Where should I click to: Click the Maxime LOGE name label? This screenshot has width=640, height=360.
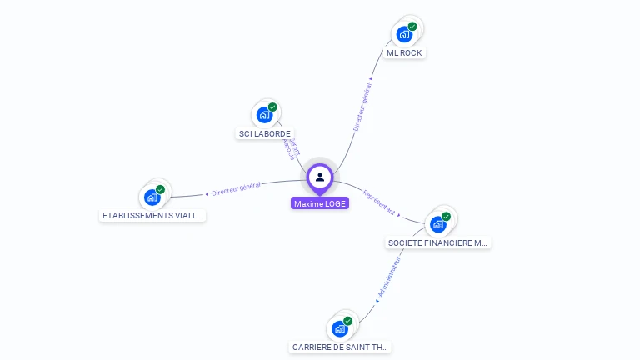[x=320, y=203]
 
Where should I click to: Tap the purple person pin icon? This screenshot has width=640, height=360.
[x=320, y=177]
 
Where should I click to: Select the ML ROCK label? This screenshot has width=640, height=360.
[x=405, y=52]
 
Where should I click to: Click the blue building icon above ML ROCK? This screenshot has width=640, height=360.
[x=404, y=34]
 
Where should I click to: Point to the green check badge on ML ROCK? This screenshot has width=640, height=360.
[x=412, y=27]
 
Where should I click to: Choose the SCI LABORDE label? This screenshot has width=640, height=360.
[x=265, y=133]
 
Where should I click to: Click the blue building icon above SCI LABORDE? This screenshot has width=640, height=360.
[x=264, y=115]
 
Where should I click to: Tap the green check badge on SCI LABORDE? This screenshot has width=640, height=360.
[x=272, y=107]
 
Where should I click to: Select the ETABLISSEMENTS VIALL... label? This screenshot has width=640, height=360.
[x=152, y=215]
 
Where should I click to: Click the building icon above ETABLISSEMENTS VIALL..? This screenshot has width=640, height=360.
[x=152, y=197]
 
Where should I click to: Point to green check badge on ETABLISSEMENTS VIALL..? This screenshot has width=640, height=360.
[x=160, y=189]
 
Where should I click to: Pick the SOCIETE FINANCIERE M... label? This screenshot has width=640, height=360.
[x=438, y=243]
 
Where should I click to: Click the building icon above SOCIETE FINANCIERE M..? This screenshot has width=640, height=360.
[x=437, y=224]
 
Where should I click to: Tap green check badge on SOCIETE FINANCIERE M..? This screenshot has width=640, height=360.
[x=446, y=217]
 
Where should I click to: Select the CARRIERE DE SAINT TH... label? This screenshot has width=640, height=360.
[x=340, y=347]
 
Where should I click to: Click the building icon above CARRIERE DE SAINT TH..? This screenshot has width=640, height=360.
[x=339, y=328]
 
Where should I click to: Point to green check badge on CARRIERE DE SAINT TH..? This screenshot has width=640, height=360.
[x=347, y=321]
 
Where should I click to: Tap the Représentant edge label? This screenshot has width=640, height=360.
[x=379, y=205]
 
